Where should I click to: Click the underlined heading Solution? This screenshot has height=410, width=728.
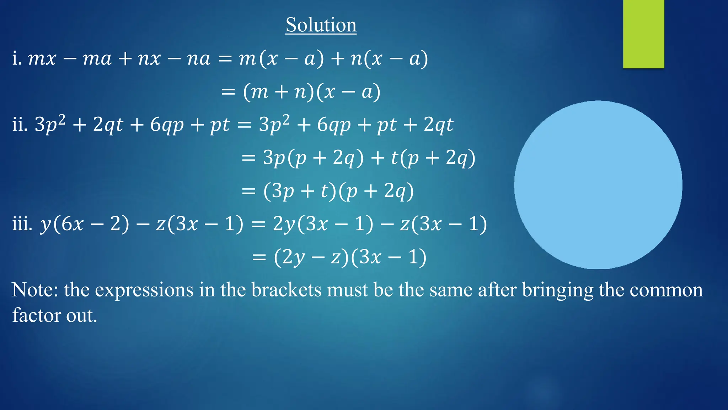(x=321, y=25)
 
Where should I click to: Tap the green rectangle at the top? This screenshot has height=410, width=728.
(x=643, y=34)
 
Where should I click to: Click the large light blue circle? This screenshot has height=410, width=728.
(x=598, y=185)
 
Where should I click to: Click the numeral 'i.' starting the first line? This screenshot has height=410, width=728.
(x=17, y=58)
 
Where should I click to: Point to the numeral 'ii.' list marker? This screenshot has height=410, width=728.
(x=20, y=125)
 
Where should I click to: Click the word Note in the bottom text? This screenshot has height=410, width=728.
(x=35, y=290)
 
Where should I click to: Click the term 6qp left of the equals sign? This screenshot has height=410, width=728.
(x=167, y=125)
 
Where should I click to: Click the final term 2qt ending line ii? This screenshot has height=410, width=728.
(x=438, y=125)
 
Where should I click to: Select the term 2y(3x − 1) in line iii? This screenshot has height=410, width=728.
(x=323, y=224)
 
